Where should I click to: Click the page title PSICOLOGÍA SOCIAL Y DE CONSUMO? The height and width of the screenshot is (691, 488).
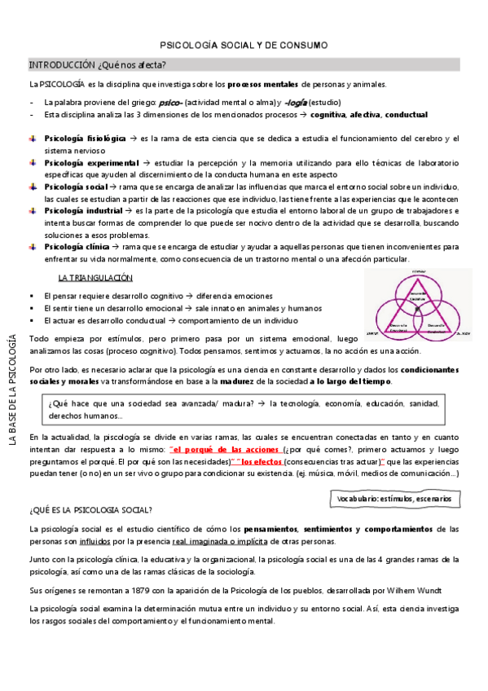[x=244, y=46]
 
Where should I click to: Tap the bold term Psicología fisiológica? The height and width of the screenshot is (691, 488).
[x=85, y=139]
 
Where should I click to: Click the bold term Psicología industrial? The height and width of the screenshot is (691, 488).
[x=83, y=211]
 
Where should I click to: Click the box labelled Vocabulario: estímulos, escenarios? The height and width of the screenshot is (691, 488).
[x=370, y=498]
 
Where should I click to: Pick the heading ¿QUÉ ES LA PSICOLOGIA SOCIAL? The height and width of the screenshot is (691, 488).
[x=90, y=510]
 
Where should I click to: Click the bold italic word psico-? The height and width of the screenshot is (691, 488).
[x=170, y=103]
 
